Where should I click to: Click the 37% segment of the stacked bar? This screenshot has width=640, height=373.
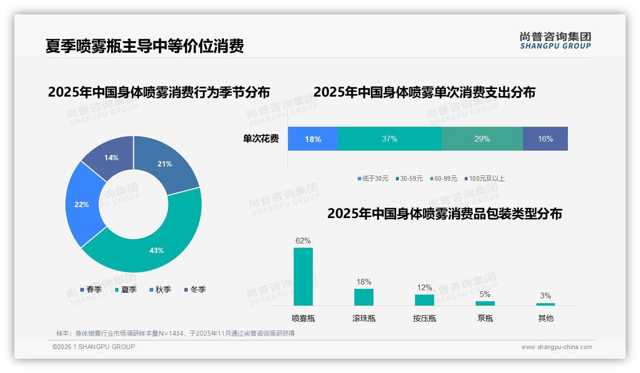pyautogui.click(x=390, y=139)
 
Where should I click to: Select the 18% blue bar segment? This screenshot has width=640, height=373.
pyautogui.click(x=313, y=139)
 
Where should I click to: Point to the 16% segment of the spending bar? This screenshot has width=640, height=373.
pyautogui.click(x=545, y=139)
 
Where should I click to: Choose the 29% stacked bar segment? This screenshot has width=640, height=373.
pyautogui.click(x=482, y=139)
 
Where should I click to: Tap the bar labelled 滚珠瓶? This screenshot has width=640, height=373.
pyautogui.click(x=364, y=297)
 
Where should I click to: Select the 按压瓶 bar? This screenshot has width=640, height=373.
pyautogui.click(x=425, y=300)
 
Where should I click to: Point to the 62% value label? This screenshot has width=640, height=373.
pyautogui.click(x=303, y=241)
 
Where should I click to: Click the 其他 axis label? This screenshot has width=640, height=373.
pyautogui.click(x=546, y=318)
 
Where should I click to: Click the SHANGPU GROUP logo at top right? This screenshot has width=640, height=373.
pyautogui.click(x=555, y=40)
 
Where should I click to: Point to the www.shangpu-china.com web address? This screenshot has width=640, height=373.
pyautogui.click(x=556, y=347)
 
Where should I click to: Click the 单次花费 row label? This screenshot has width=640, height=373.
pyautogui.click(x=261, y=139)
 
